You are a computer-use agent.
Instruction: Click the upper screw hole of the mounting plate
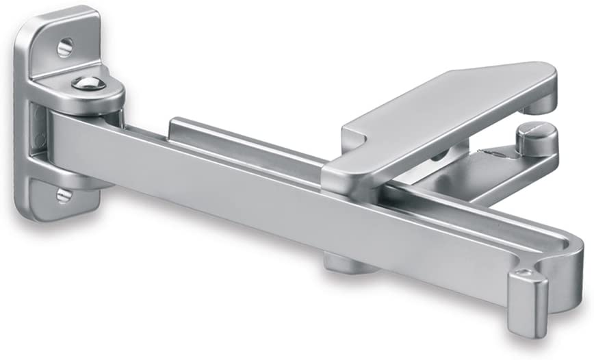click(x=64, y=47)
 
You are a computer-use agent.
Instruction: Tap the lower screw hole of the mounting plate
click(x=64, y=196)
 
